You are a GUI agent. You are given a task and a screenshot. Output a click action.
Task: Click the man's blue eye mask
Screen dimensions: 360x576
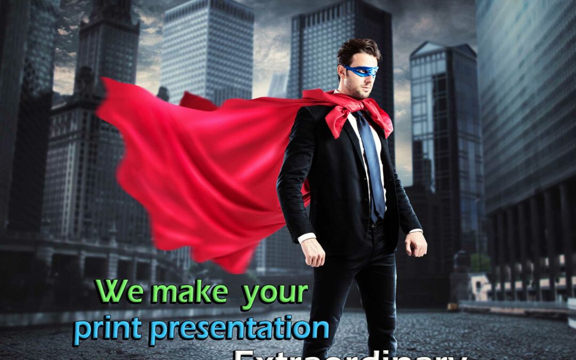pos(362,71)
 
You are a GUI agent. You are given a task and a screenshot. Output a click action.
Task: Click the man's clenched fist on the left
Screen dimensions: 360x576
pos(314,251)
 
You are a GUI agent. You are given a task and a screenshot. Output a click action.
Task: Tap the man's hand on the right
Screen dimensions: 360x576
pos(416,244)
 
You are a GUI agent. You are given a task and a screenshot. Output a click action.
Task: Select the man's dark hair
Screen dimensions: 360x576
pos(358,50)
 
